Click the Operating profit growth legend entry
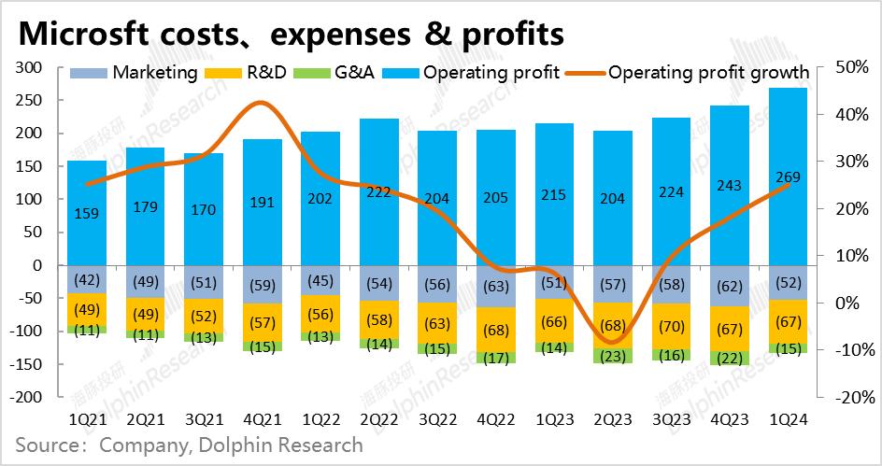pyautogui.click(x=708, y=72)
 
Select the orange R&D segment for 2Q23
pyautogui.click(x=611, y=326)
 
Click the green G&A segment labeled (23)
pyautogui.click(x=611, y=356)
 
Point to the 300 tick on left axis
pyautogui.click(x=32, y=68)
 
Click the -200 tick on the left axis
pyautogui.click(x=28, y=397)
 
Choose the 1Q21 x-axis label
pyautogui.click(x=87, y=420)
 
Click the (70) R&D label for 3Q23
pyautogui.click(x=670, y=327)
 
